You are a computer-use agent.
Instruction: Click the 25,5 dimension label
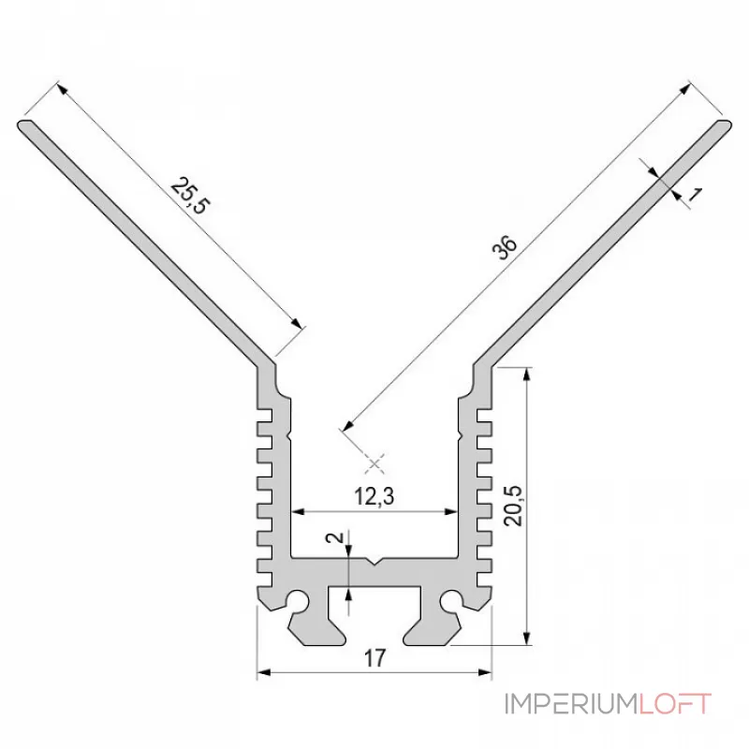(190, 196)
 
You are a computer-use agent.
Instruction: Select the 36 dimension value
(507, 247)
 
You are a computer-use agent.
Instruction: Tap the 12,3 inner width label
(374, 496)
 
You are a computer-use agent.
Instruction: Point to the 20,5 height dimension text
(513, 506)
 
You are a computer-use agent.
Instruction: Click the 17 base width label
(374, 658)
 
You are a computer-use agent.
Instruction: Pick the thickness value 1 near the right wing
(695, 195)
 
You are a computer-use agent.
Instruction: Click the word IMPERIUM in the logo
(571, 704)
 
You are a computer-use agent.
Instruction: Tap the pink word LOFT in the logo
(674, 704)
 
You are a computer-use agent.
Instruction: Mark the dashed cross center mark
(374, 463)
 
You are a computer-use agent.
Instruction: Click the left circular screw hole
(299, 600)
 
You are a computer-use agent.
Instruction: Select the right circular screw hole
(450, 600)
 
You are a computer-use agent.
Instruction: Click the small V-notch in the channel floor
(374, 561)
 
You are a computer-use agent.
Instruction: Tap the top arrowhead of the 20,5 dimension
(526, 374)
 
